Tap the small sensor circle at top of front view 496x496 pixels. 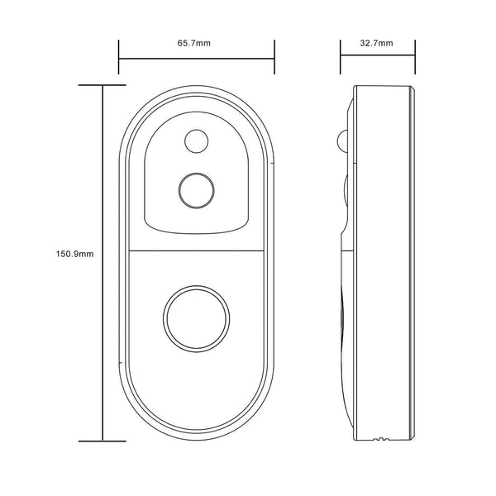pyautogui.click(x=196, y=141)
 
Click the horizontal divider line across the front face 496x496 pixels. pyautogui.click(x=197, y=250)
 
